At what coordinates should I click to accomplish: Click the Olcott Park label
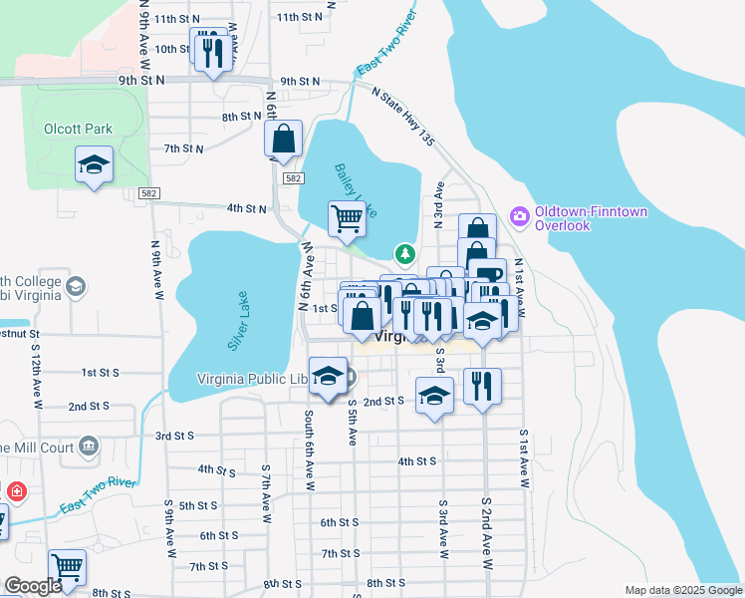(x=79, y=129)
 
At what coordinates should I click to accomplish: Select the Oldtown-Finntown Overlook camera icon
(x=519, y=215)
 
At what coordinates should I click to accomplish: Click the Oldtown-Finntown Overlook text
(x=577, y=218)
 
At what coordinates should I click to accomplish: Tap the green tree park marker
(x=404, y=254)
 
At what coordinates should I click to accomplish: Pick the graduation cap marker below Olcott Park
(x=94, y=165)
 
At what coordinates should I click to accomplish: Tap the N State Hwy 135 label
(x=403, y=118)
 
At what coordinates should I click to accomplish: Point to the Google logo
(x=32, y=586)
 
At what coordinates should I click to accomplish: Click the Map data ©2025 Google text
(x=682, y=590)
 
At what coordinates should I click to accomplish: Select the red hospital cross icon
(x=16, y=491)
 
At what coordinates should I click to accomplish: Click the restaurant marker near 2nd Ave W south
(x=482, y=386)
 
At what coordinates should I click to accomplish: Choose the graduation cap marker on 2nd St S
(x=434, y=396)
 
